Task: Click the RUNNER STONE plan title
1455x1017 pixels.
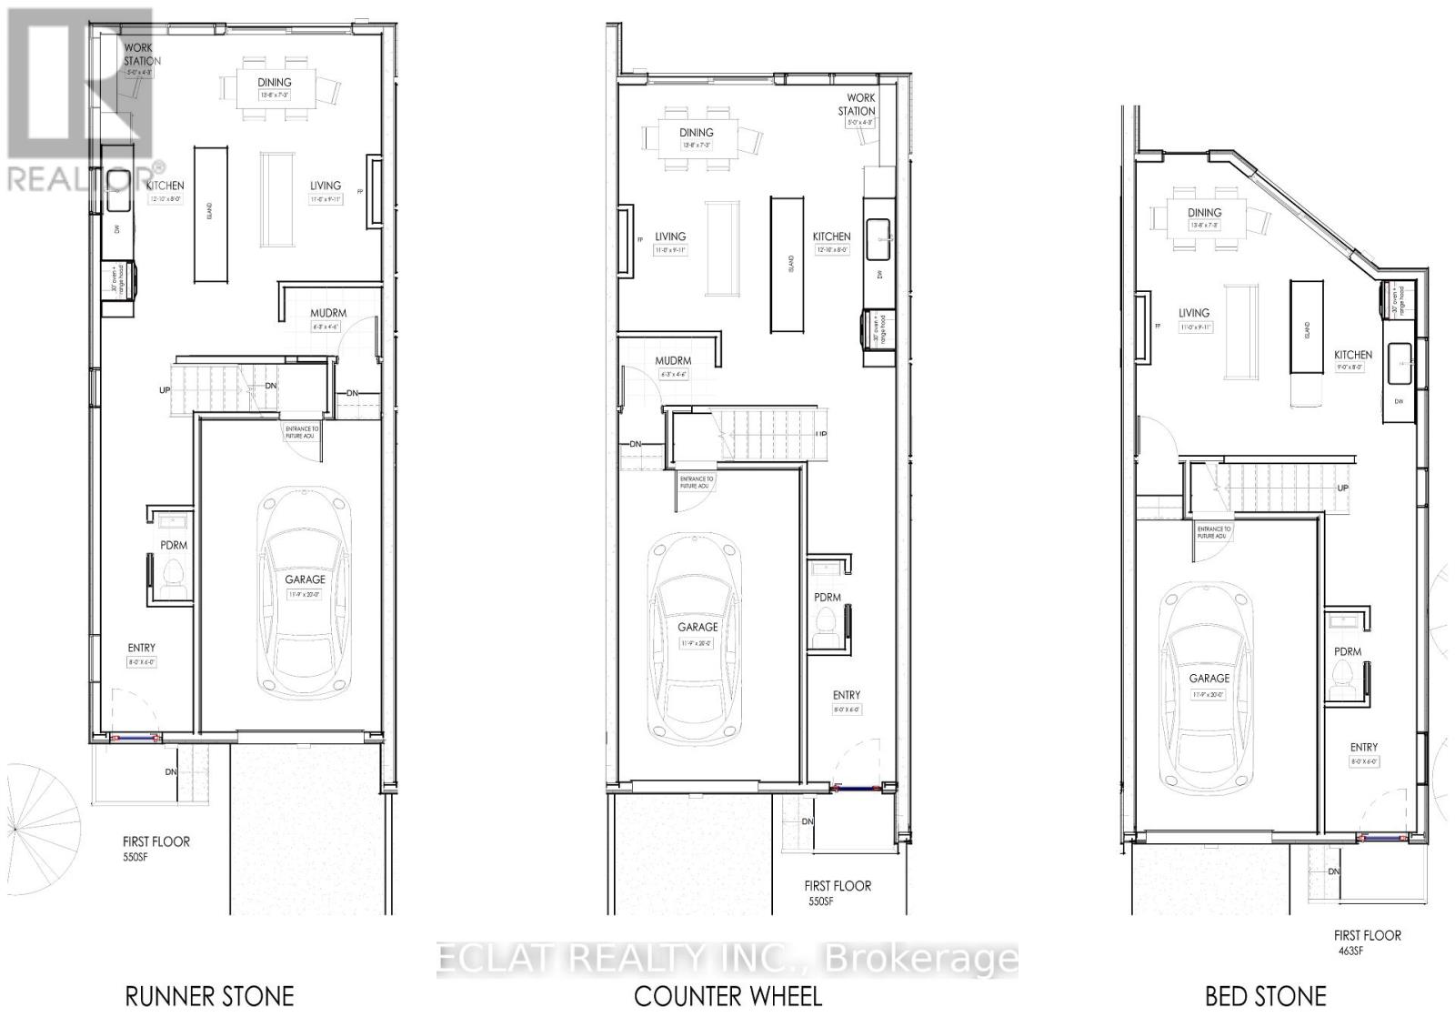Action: tap(209, 996)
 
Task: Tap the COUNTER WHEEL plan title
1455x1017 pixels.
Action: tap(727, 996)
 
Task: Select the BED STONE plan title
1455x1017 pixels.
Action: tap(1266, 996)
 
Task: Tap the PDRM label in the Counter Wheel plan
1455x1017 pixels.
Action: tap(828, 598)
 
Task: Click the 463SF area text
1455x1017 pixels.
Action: tap(1349, 952)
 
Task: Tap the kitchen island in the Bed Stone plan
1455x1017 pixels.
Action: tap(1306, 327)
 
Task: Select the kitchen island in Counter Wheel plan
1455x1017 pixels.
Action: tap(788, 264)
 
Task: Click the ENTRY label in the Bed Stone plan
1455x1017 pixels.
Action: tap(1363, 747)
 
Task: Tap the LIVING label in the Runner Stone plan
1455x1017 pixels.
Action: tap(326, 186)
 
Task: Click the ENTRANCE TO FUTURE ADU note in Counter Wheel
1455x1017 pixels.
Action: tap(697, 482)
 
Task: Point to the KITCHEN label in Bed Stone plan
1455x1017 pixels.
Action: tap(1353, 356)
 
